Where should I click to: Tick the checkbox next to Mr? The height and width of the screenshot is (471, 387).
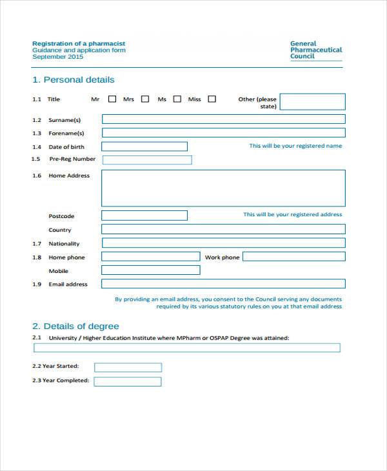(x=112, y=99)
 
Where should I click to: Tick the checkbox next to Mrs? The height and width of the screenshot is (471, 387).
(x=145, y=99)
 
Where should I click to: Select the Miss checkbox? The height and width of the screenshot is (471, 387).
(x=212, y=99)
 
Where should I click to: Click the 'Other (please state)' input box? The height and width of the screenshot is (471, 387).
(x=312, y=102)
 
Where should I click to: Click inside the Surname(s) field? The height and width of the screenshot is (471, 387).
(x=223, y=119)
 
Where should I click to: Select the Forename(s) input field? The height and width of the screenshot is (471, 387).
(x=223, y=133)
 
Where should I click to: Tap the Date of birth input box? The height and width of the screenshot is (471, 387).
(x=144, y=146)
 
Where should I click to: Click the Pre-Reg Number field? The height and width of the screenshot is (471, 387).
(x=147, y=160)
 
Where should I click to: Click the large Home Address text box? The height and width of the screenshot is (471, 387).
(x=223, y=188)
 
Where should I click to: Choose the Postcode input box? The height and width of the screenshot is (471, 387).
(x=144, y=215)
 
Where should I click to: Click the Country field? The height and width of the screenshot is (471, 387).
(x=223, y=229)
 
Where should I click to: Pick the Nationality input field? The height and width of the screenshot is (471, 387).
(x=223, y=243)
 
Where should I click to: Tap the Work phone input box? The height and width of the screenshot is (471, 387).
(x=293, y=257)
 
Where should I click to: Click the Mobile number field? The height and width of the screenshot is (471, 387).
(x=151, y=270)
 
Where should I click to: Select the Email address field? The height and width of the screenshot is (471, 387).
(x=223, y=284)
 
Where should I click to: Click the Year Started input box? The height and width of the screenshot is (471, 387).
(x=128, y=367)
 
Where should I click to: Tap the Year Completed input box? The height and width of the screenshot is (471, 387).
(x=128, y=381)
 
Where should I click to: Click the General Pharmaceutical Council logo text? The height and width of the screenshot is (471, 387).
(x=315, y=50)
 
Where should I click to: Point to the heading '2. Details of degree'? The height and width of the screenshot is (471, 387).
(x=75, y=326)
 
